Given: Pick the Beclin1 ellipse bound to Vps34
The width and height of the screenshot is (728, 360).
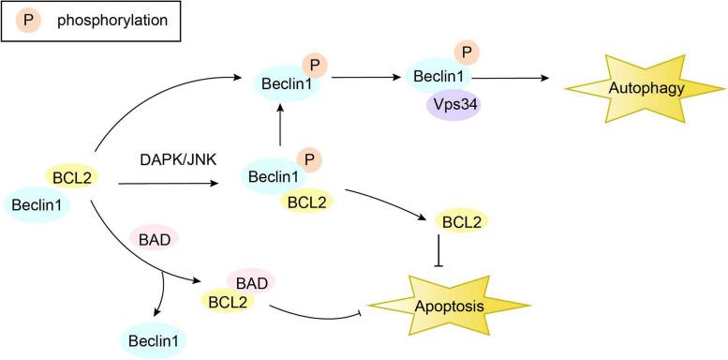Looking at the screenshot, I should click(x=437, y=80).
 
